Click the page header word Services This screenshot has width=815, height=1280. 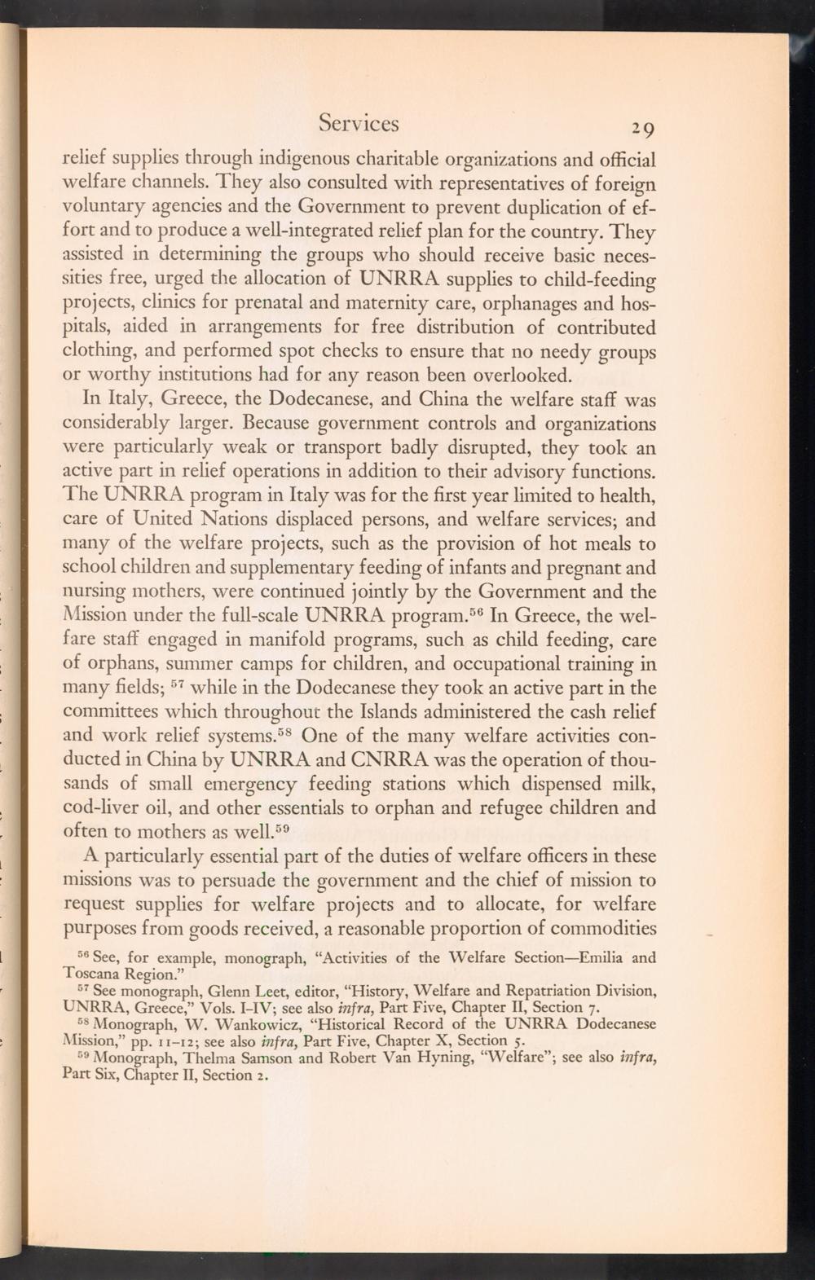pos(359,123)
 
